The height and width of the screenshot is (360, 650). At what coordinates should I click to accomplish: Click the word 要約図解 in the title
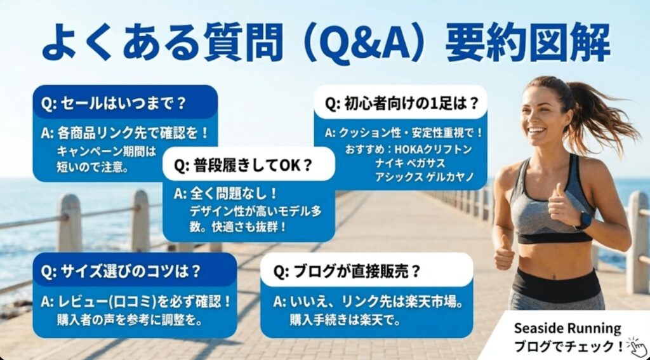pyautogui.click(x=527, y=44)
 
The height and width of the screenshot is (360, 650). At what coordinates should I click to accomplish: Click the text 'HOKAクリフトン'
pyautogui.click(x=424, y=149)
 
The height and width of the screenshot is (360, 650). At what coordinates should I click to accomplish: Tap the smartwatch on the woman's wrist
pyautogui.click(x=583, y=220)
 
